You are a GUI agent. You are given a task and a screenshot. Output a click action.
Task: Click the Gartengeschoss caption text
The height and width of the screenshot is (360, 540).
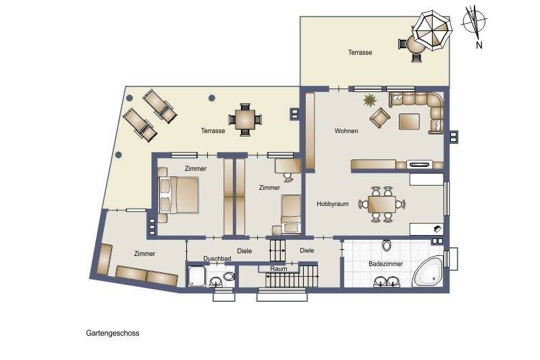coord(113,333)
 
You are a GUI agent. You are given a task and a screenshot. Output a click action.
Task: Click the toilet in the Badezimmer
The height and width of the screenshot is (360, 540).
coord(387,245)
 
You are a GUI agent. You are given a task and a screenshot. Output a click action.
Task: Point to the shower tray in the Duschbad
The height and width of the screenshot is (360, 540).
coord(197,275)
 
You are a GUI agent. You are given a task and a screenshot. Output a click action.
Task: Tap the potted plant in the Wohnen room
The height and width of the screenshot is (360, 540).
coord(370,102)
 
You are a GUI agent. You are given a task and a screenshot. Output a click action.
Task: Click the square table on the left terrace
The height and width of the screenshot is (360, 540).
coord(246,119)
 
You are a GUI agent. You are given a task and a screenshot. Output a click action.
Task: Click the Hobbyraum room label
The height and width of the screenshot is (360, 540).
coord(333,204)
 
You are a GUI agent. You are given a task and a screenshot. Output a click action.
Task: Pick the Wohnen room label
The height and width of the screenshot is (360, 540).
coord(346,131)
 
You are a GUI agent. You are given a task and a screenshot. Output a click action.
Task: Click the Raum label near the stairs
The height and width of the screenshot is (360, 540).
coord(279,268)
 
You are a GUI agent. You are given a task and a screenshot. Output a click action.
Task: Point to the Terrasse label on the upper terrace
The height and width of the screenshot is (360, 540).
coord(360,52)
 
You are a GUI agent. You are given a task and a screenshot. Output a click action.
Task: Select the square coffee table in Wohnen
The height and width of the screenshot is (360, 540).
coord(409,122)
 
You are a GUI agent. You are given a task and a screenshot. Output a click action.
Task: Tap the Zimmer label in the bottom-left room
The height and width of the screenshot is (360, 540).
coord(144,254)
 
